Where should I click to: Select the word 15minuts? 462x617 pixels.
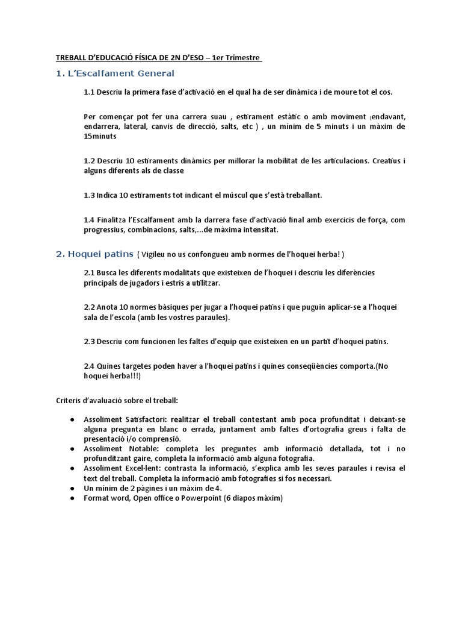(x=100, y=136)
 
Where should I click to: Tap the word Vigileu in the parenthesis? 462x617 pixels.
(x=156, y=254)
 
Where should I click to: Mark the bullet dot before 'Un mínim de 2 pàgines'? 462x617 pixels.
(x=72, y=489)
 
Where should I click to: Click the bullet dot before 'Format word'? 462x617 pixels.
(x=72, y=498)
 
